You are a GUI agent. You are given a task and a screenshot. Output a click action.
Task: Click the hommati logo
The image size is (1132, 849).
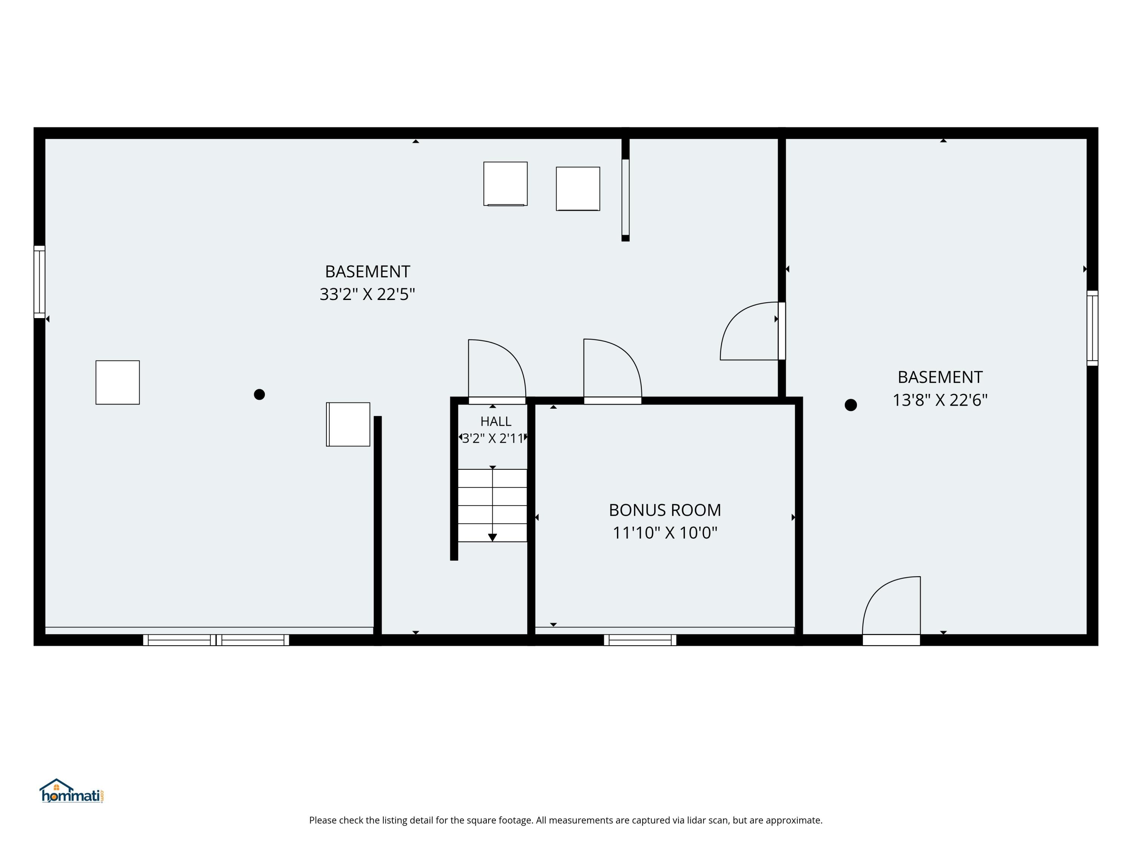click(72, 791)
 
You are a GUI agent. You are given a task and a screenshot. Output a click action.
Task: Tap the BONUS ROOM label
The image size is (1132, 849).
click(665, 510)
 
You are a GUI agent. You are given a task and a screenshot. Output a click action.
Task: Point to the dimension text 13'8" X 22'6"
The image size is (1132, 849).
click(940, 400)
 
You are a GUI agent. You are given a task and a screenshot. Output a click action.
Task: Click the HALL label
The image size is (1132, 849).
click(495, 421)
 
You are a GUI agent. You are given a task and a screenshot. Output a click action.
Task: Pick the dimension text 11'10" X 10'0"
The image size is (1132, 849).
click(665, 533)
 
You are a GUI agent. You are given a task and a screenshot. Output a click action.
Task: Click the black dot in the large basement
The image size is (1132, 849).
click(260, 394)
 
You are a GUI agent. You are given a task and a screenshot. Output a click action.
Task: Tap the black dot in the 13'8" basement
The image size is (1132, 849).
click(851, 405)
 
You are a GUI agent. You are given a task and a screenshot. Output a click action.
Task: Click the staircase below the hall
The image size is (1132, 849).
click(492, 505)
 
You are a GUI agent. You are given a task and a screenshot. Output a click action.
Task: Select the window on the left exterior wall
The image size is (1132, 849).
click(39, 282)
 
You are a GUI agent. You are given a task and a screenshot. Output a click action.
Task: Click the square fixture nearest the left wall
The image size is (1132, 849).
click(118, 382)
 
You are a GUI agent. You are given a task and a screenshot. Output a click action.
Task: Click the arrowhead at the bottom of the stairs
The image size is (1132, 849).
click(492, 537)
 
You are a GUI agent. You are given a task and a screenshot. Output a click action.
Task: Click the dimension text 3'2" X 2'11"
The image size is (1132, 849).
click(493, 438)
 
